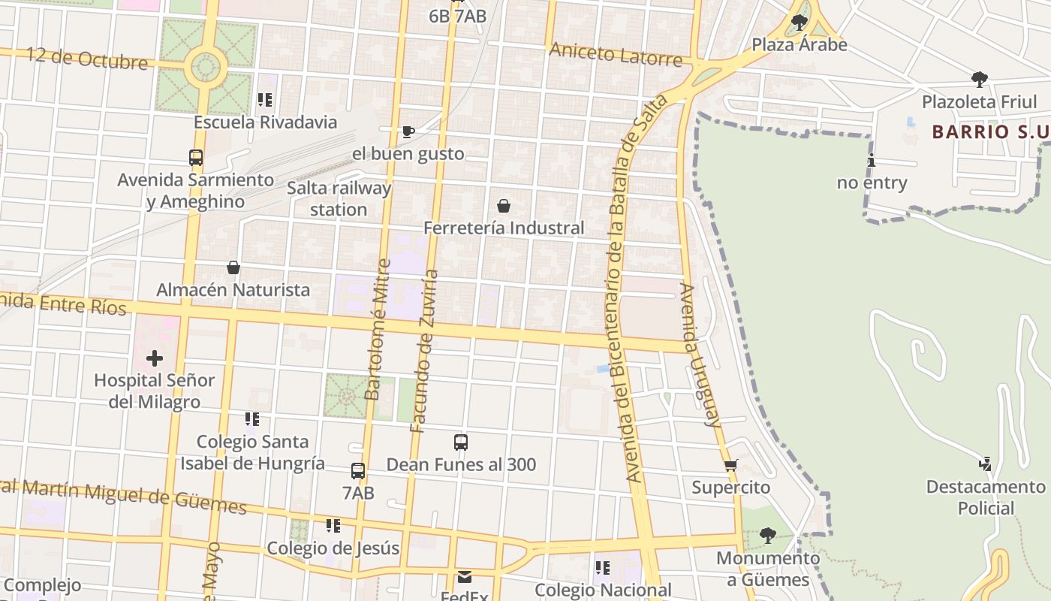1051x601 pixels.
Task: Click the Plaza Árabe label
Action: [x=800, y=45]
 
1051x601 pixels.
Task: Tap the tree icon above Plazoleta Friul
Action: [x=979, y=79]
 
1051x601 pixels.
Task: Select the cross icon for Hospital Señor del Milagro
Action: [x=155, y=358]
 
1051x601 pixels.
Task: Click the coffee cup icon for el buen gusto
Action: [x=408, y=132]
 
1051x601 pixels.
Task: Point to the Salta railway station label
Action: [x=339, y=198]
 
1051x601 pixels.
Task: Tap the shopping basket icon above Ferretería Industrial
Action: [x=504, y=206]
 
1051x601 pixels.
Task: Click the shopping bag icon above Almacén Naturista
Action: [x=233, y=267]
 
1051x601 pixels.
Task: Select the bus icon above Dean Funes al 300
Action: [x=461, y=442]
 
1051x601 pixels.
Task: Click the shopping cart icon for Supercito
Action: [x=731, y=466]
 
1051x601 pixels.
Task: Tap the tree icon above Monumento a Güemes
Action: [x=767, y=536]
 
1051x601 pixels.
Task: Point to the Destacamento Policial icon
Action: [x=985, y=464]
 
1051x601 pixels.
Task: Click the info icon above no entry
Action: [x=872, y=160]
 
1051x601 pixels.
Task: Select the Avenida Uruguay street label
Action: [x=700, y=355]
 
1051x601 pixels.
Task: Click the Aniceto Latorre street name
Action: [x=616, y=54]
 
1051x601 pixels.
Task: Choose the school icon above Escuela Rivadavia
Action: [x=264, y=100]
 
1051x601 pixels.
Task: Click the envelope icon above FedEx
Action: [x=465, y=577]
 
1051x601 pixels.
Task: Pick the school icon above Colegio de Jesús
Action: [x=333, y=526]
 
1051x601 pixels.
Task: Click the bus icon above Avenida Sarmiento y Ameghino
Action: [x=196, y=158]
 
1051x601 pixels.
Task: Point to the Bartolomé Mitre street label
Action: [x=378, y=329]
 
